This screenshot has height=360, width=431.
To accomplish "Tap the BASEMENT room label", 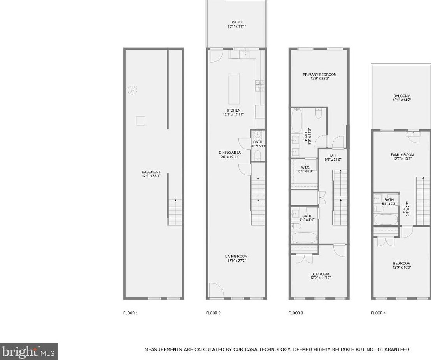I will click(x=151, y=172).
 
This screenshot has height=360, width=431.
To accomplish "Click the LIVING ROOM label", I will click(x=236, y=256).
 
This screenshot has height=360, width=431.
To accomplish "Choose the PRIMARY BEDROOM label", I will click(x=319, y=75).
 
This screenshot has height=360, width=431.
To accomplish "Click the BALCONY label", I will click(x=401, y=96).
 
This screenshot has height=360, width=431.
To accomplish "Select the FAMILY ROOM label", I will click(x=402, y=155).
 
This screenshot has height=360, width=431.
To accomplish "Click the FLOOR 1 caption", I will click(x=131, y=313).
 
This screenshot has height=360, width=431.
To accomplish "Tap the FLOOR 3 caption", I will click(x=296, y=313).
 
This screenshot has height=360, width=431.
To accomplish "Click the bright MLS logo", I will click(x=29, y=351).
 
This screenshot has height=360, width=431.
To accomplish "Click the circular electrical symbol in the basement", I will click(x=133, y=91).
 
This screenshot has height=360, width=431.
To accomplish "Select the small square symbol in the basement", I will click(x=140, y=121).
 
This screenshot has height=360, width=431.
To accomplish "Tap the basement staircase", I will click(x=175, y=212).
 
